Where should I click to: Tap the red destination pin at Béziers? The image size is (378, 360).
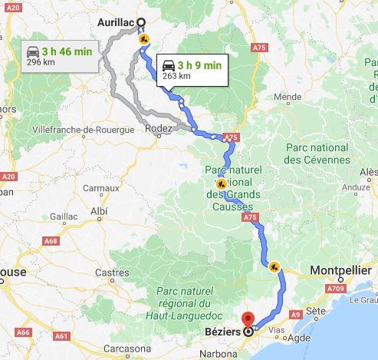pyautogui.click(x=248, y=320)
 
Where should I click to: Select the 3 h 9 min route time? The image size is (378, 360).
pyautogui.click(x=199, y=65)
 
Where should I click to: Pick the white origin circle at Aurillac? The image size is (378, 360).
pyautogui.click(x=141, y=22)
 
